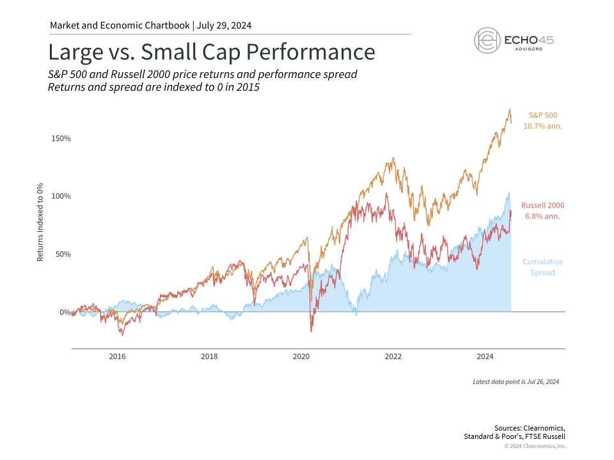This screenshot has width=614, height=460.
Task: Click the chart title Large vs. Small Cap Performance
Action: (212, 51)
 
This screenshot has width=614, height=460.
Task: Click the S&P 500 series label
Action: (542, 115)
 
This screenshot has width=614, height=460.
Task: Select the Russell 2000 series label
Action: (542, 206)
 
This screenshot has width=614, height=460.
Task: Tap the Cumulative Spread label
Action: (542, 267)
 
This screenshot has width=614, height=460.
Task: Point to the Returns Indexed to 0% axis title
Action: (40, 221)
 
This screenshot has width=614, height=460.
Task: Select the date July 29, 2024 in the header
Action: (224, 26)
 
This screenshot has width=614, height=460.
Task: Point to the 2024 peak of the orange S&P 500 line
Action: (510, 109)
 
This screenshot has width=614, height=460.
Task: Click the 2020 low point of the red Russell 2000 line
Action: (311, 331)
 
